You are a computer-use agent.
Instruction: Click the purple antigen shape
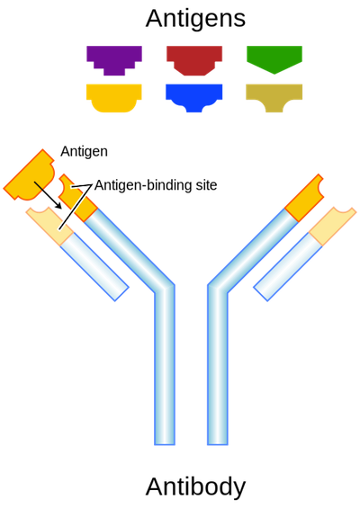[114, 59]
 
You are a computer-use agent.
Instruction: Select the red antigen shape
[194, 59]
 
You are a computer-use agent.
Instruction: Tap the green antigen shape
[274, 58]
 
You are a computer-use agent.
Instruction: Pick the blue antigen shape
[193, 96]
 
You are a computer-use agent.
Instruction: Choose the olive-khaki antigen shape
[274, 96]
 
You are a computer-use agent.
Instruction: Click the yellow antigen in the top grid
[114, 97]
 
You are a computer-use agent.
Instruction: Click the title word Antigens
[195, 19]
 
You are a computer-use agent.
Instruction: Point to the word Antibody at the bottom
[195, 486]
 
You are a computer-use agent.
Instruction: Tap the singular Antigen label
[84, 152]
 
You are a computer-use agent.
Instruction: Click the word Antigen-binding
[143, 186]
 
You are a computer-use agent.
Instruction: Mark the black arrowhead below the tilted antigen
[58, 205]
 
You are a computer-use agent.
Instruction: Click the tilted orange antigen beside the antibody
[30, 176]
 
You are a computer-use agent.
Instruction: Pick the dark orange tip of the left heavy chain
[77, 198]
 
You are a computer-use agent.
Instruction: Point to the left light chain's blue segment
[94, 267]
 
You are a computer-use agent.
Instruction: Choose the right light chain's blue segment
[288, 267]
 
